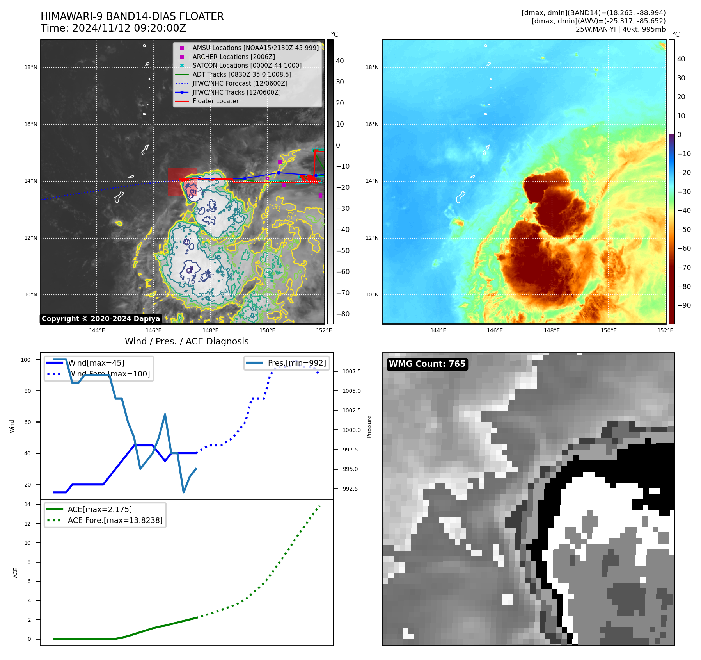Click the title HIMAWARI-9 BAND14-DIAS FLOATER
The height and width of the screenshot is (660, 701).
[132, 16]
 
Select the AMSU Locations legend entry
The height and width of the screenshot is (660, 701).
[255, 48]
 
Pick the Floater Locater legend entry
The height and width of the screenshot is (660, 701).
[215, 101]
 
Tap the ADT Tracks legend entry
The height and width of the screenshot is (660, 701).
[241, 74]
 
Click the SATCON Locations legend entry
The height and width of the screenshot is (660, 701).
[247, 65]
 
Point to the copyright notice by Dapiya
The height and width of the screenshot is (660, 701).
[101, 319]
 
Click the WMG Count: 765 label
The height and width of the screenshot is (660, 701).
[427, 364]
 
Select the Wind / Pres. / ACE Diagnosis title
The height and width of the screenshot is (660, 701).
[186, 341]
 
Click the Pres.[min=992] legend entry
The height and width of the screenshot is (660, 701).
[296, 363]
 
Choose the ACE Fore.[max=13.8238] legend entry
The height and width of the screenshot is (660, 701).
[115, 520]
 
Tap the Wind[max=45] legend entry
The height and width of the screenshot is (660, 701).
[96, 363]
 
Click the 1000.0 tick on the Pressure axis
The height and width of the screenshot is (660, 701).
[351, 430]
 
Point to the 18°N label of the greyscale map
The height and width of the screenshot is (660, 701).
[31, 67]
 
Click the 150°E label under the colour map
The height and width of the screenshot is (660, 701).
[609, 330]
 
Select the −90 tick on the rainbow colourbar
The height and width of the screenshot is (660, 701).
[684, 305]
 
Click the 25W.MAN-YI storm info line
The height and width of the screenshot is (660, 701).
[620, 29]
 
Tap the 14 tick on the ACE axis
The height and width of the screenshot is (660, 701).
[28, 504]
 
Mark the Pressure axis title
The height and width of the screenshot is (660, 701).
[369, 426]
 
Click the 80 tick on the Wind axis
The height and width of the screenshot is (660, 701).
[27, 391]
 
